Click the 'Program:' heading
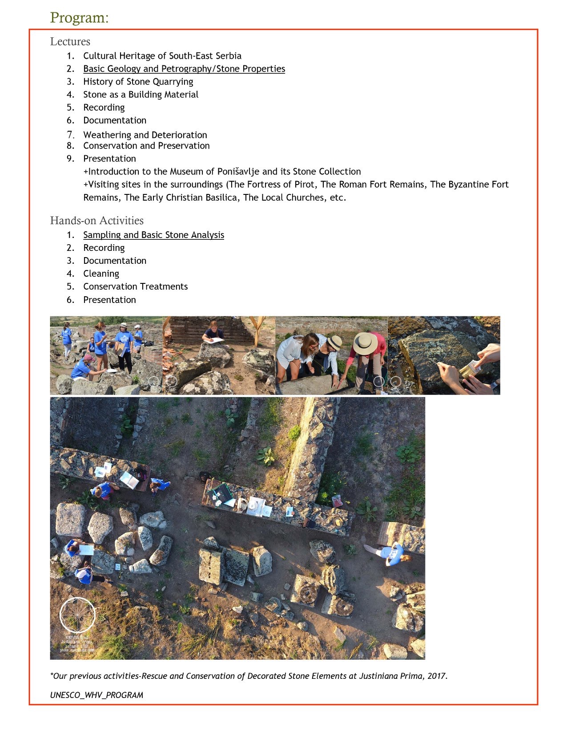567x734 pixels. pyautogui.click(x=79, y=18)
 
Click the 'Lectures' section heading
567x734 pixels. pyautogui.click(x=70, y=41)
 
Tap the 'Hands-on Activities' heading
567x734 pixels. pyautogui.click(x=97, y=221)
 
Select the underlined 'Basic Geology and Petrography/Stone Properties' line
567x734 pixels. pyautogui.click(x=184, y=69)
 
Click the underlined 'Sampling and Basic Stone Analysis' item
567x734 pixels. pyautogui.click(x=153, y=235)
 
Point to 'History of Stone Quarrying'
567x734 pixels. pyautogui.click(x=138, y=82)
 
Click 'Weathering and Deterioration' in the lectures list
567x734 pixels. pyautogui.click(x=145, y=135)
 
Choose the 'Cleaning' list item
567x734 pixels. pyautogui.click(x=101, y=274)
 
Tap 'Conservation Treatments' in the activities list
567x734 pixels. pyautogui.click(x=135, y=286)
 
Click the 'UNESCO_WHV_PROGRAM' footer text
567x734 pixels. pyautogui.click(x=97, y=695)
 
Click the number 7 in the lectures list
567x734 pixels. pyautogui.click(x=70, y=135)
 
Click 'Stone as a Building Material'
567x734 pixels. pyautogui.click(x=141, y=95)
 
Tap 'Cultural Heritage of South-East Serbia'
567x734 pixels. pyautogui.click(x=162, y=56)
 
